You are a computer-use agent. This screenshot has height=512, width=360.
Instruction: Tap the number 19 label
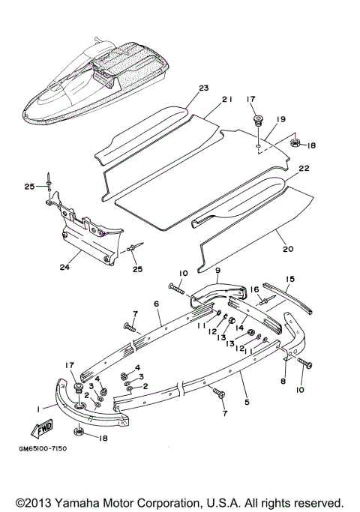(281, 118)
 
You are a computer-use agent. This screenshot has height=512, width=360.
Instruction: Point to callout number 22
(304, 170)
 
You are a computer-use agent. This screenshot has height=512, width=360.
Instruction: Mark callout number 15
(289, 278)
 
